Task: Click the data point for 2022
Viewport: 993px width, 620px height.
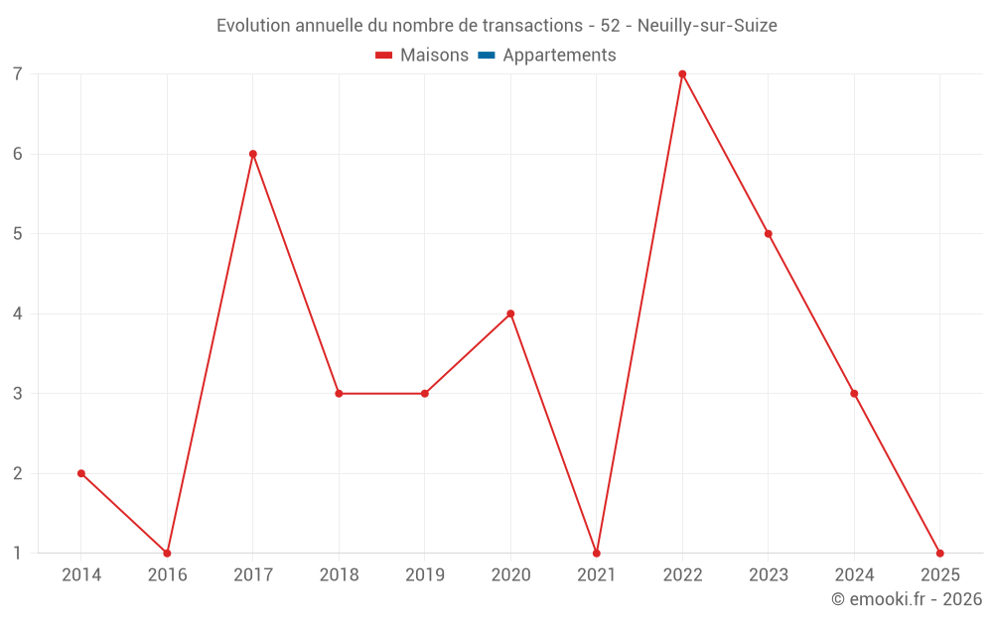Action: (682, 74)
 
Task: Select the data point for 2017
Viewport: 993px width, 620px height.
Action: (253, 154)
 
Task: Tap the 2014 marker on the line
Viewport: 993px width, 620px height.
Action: (81, 473)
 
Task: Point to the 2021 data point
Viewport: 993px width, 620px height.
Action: (597, 553)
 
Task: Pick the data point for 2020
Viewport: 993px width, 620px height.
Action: (510, 313)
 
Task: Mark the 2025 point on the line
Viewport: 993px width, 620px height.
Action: (940, 553)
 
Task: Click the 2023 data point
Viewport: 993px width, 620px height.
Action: (769, 234)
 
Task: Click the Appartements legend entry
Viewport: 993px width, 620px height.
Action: (559, 56)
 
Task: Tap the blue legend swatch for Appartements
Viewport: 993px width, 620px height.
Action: (487, 56)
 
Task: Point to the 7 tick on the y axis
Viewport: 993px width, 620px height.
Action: (18, 74)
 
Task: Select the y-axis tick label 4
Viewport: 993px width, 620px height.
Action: (18, 313)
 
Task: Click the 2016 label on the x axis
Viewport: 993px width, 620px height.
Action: (167, 574)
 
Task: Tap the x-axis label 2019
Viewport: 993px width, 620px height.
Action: (425, 574)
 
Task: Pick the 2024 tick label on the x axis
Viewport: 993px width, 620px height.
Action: (854, 574)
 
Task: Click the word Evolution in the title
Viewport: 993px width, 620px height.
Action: (252, 25)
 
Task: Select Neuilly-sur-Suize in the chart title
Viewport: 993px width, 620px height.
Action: (707, 25)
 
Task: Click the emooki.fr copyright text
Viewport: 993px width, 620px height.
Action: (907, 599)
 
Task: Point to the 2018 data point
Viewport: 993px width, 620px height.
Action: (339, 394)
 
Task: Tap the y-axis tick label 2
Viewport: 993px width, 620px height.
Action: (18, 473)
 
